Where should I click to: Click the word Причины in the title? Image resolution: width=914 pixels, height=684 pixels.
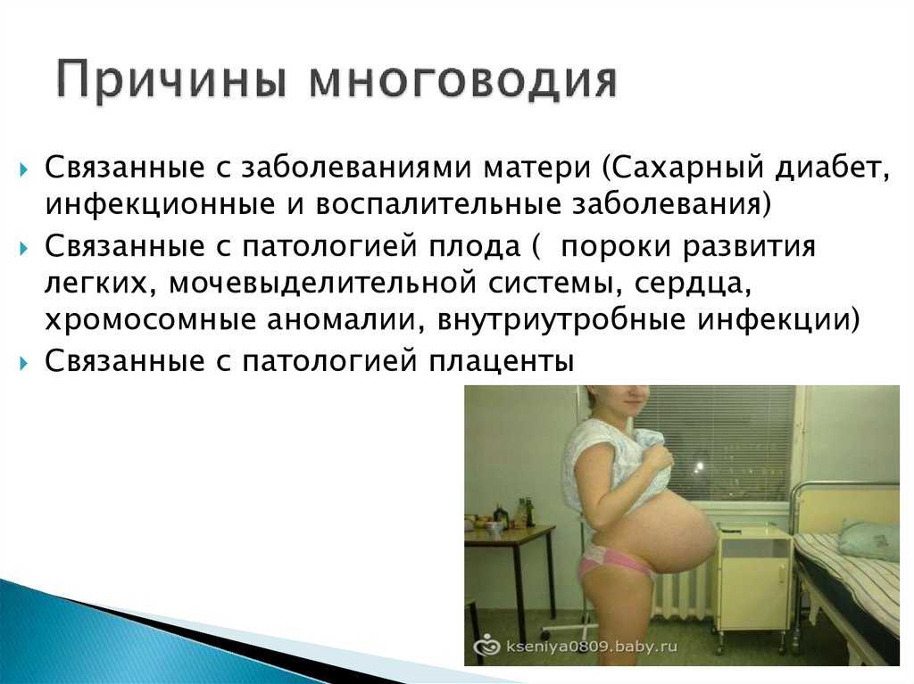tap(172, 79)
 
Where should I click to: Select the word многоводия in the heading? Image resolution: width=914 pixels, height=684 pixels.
tap(463, 81)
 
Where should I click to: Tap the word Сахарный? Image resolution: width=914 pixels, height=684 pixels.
tap(688, 169)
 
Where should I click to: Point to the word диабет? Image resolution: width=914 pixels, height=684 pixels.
tap(834, 168)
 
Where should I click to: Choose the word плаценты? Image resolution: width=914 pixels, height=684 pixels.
tap(502, 362)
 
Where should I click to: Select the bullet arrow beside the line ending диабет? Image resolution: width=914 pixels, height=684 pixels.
tap(23, 170)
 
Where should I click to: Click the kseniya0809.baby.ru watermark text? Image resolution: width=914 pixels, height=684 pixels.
tap(592, 646)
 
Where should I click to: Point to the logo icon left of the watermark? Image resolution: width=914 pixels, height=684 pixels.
tap(486, 646)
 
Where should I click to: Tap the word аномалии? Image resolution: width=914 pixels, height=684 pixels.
tap(345, 321)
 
